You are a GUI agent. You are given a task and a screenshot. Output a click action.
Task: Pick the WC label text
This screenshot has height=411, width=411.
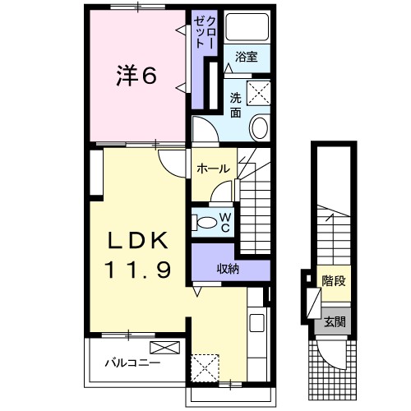click(223, 221)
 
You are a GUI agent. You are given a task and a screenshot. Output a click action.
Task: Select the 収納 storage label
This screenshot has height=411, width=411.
click(229, 267)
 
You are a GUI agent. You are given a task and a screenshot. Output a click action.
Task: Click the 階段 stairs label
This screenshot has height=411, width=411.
click(334, 280)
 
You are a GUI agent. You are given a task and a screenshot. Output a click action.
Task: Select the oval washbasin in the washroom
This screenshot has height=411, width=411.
click(259, 128)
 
